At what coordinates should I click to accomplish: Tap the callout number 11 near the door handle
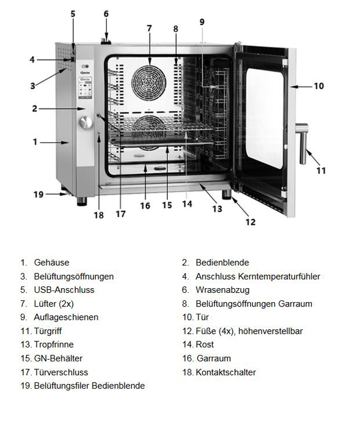(321, 171)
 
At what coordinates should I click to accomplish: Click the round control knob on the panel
(86, 124)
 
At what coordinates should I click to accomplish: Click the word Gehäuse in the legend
(52, 263)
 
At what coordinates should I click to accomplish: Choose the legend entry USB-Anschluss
(64, 290)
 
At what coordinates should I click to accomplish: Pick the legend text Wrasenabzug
(223, 290)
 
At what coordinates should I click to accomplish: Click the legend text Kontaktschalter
(226, 372)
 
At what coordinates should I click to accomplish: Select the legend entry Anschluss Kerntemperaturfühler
(258, 276)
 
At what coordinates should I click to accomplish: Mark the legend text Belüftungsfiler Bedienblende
(89, 386)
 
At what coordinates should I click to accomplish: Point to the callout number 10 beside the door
(319, 86)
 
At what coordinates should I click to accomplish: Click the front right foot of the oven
(227, 196)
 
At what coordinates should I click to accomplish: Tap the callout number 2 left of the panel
(34, 109)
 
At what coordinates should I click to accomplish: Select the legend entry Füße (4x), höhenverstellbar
(249, 331)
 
